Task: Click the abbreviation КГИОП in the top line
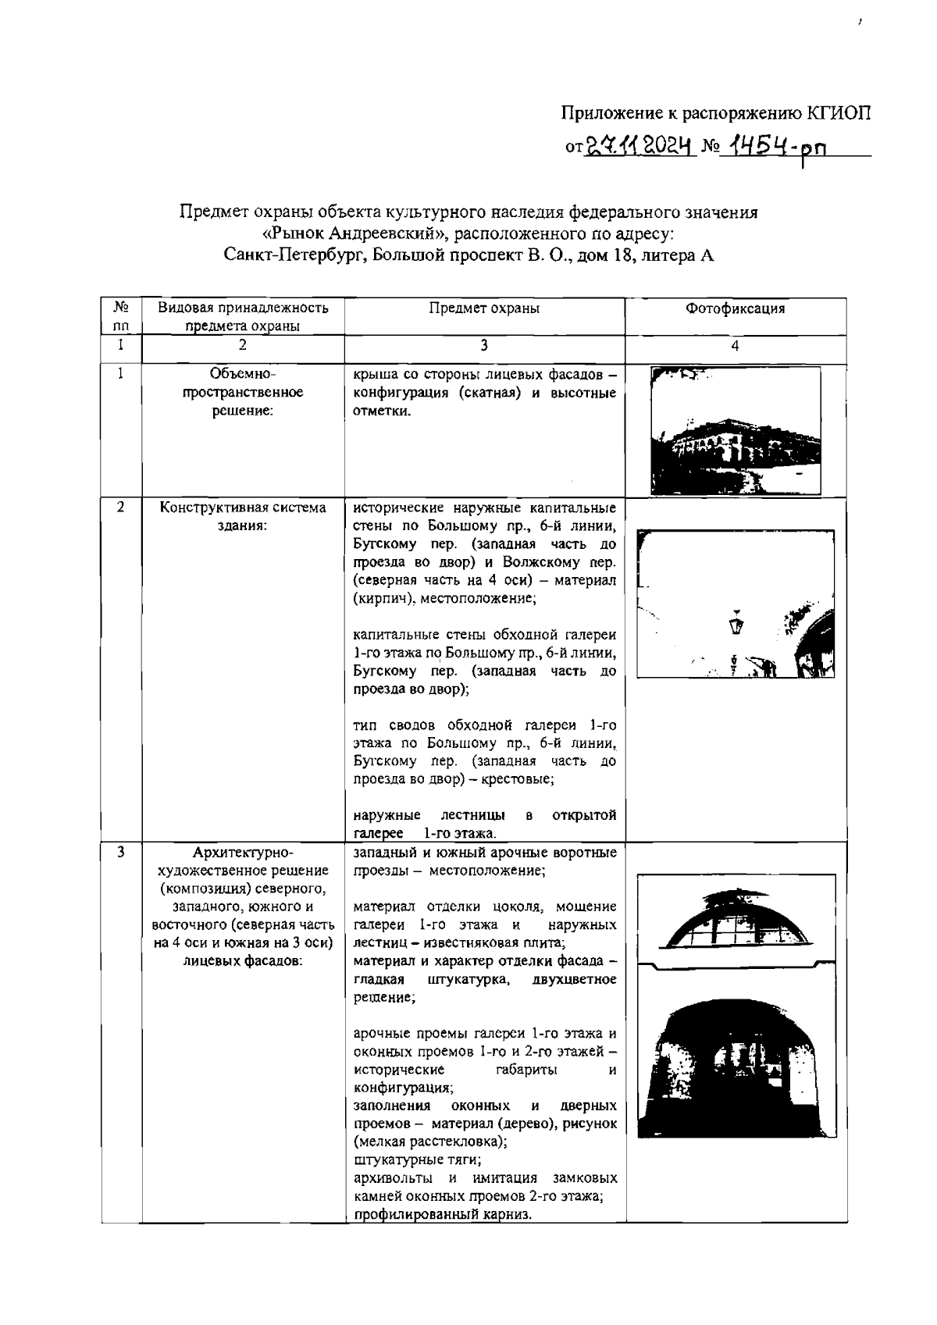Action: [x=839, y=114]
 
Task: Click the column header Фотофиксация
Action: [x=735, y=308]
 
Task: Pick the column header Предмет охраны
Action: [x=484, y=308]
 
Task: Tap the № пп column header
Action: [x=121, y=316]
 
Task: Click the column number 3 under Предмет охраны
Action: [x=484, y=345]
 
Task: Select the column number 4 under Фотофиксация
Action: [x=735, y=345]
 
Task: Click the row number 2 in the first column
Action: [x=121, y=508]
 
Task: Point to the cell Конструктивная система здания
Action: [x=243, y=516]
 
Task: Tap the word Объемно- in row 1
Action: [x=243, y=373]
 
